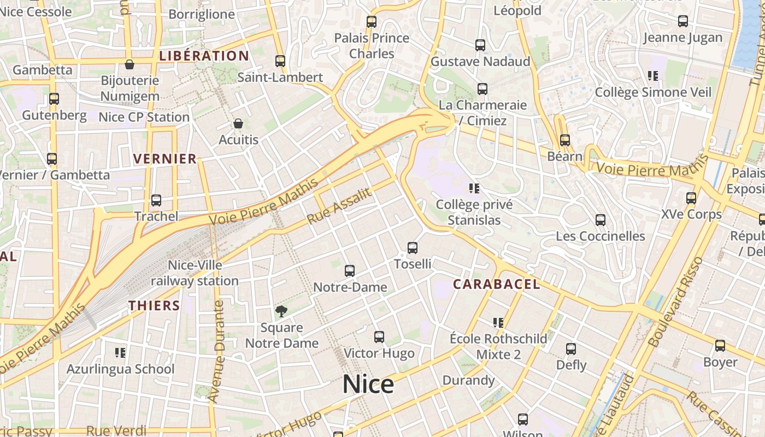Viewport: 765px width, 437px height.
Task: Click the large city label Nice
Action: click(x=368, y=384)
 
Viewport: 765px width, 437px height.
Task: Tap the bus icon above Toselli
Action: click(x=413, y=248)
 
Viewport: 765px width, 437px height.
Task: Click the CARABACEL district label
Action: click(x=496, y=284)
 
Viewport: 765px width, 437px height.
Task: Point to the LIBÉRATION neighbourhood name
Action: click(x=204, y=56)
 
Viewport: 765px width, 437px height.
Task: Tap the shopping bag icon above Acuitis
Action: click(x=238, y=123)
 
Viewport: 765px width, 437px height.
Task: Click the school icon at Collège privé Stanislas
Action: click(x=474, y=188)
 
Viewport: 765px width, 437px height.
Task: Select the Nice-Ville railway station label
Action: click(x=195, y=273)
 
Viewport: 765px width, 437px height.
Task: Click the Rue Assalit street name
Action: click(x=339, y=206)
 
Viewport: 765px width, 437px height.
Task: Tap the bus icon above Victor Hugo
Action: click(x=379, y=337)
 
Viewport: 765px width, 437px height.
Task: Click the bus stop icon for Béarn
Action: click(x=564, y=140)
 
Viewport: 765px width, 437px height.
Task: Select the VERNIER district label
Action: click(x=165, y=159)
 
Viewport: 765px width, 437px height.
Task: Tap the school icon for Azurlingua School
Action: click(x=120, y=353)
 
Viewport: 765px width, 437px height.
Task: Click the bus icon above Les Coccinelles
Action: click(x=601, y=220)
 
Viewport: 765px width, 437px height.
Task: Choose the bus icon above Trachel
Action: click(x=156, y=200)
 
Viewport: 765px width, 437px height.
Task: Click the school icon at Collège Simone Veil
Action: click(x=652, y=76)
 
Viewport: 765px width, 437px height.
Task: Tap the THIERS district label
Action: click(x=154, y=305)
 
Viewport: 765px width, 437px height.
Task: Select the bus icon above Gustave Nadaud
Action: click(x=480, y=45)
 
